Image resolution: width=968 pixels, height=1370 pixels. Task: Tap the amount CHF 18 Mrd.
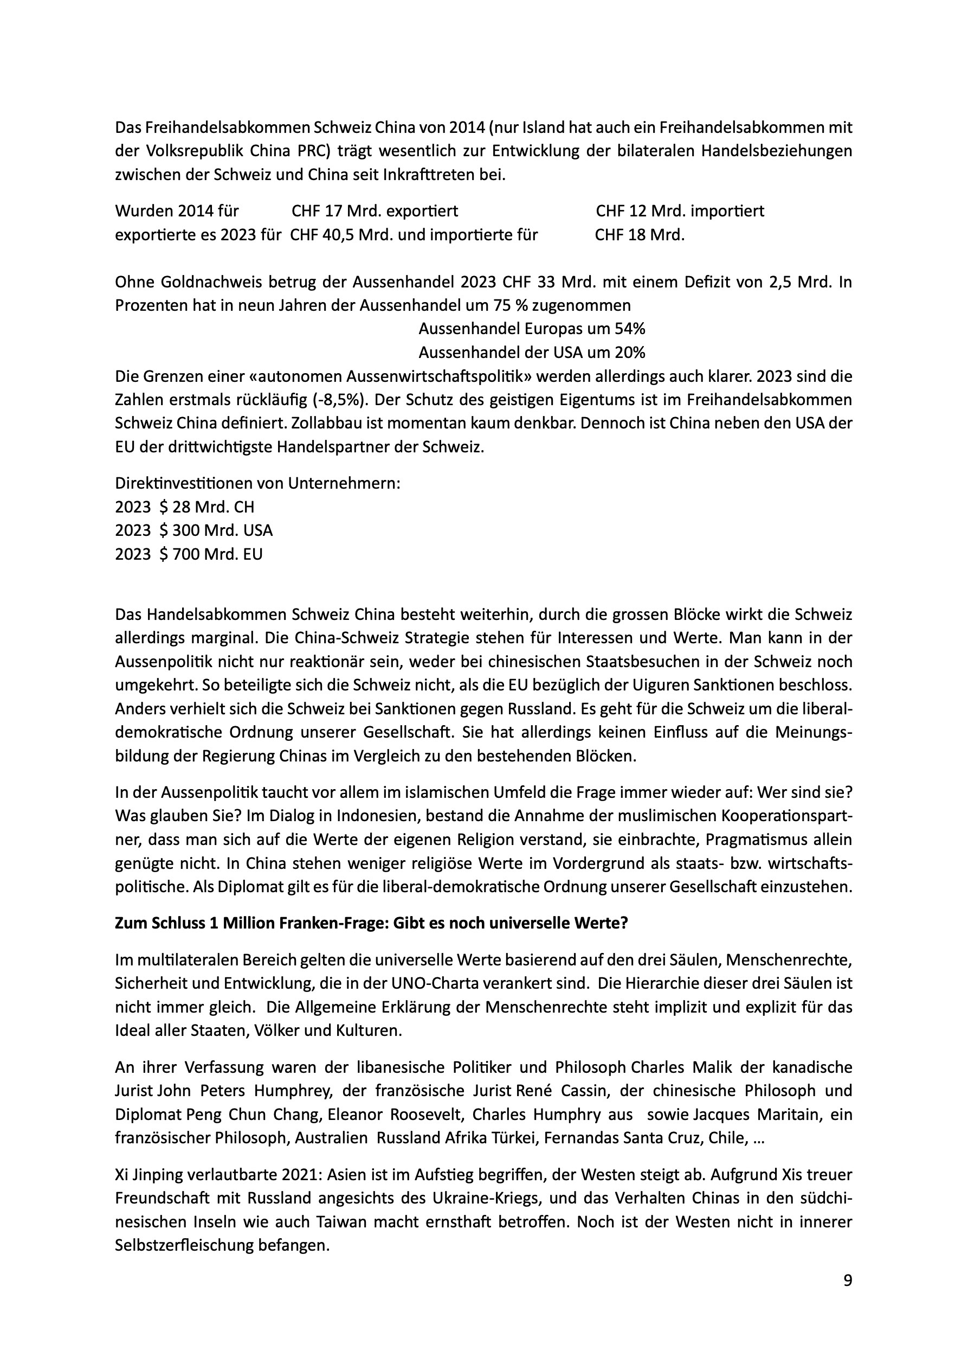pos(640,235)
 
